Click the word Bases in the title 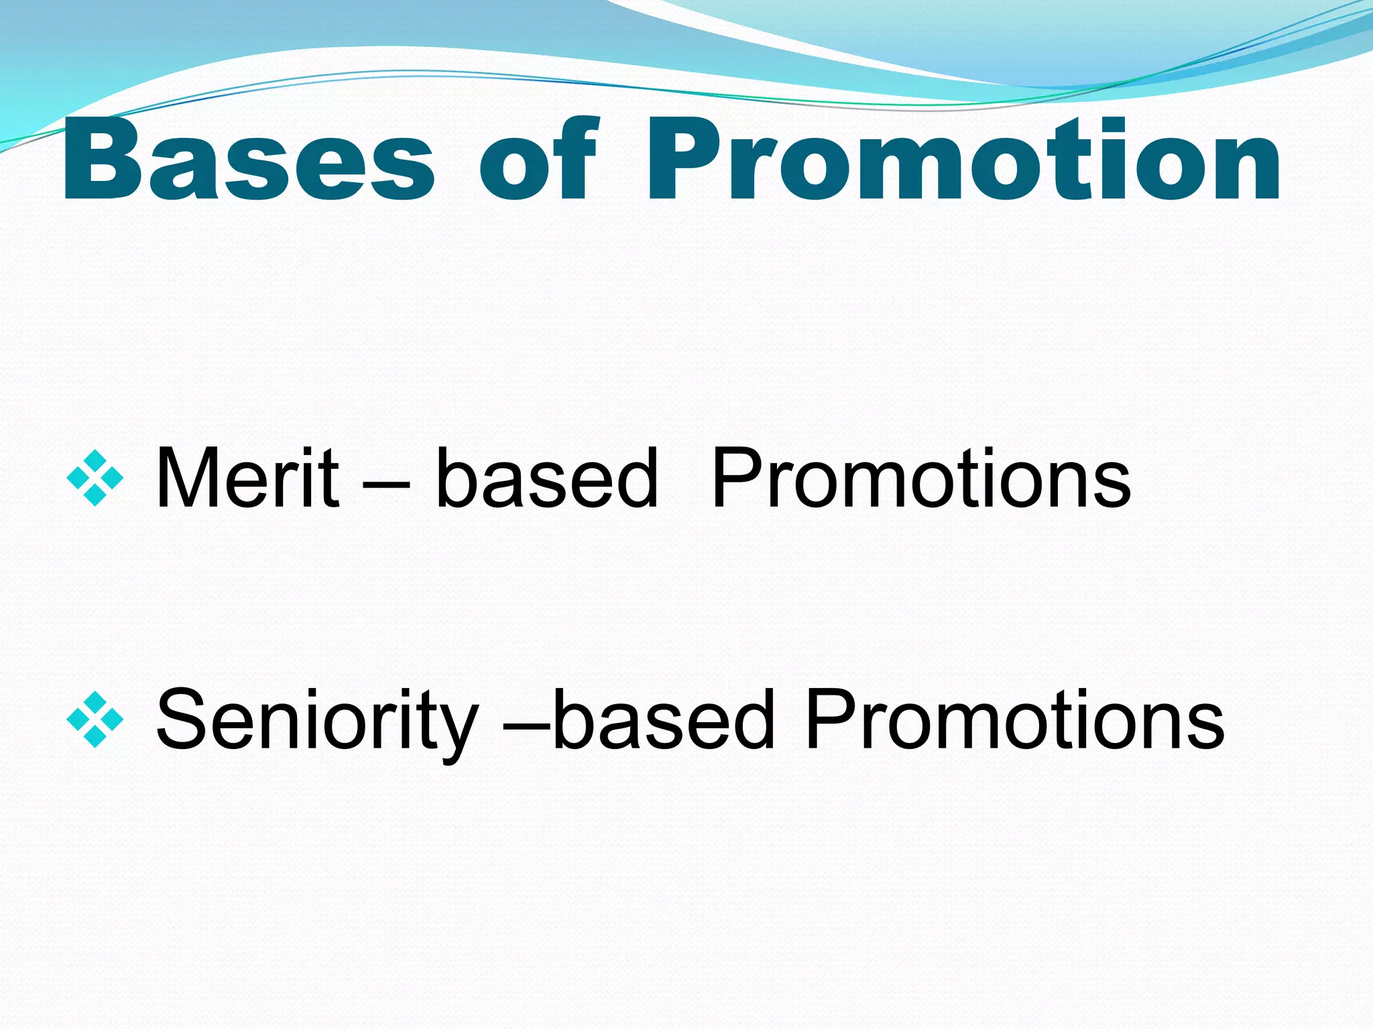click(x=248, y=161)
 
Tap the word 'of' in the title click(x=537, y=161)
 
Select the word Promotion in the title click(x=963, y=161)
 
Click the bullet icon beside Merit click(x=95, y=478)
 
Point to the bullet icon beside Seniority click(x=95, y=719)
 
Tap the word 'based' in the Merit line click(x=546, y=478)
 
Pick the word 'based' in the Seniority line click(x=664, y=719)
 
